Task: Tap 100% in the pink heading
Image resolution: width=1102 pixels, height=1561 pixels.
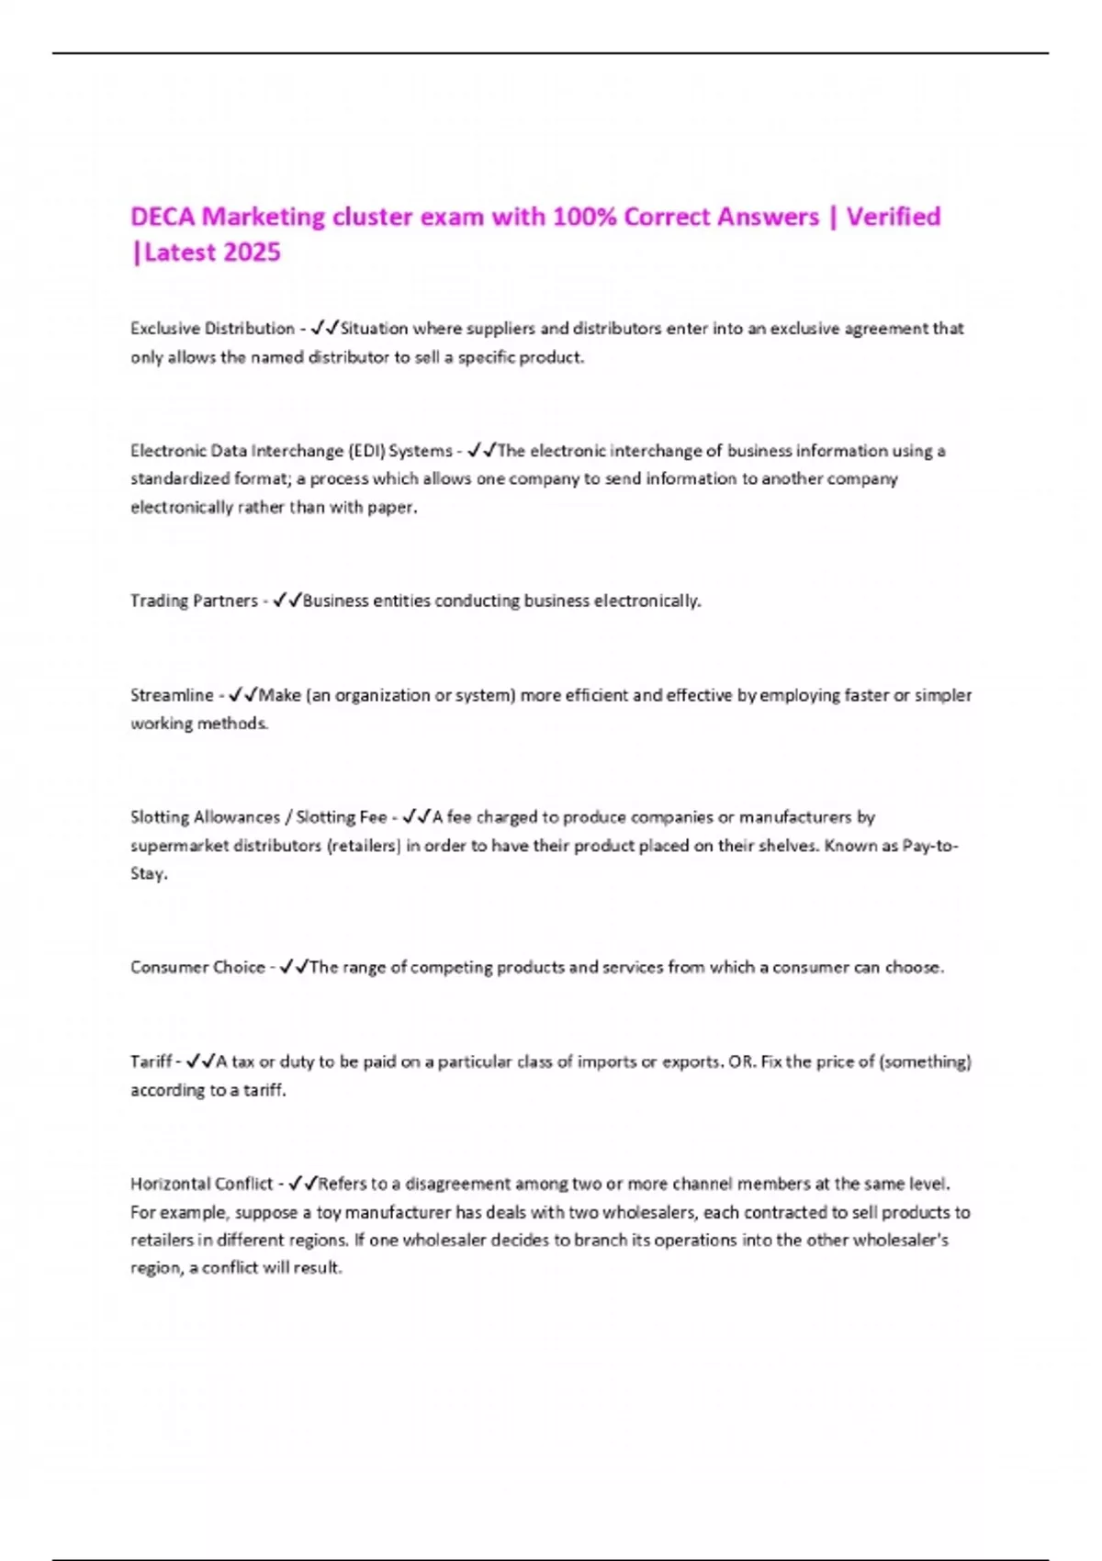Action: [583, 217]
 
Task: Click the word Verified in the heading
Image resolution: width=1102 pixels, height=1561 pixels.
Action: [893, 217]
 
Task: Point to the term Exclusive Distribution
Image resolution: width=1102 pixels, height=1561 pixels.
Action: [212, 329]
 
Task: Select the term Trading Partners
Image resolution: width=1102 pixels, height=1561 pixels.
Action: [194, 601]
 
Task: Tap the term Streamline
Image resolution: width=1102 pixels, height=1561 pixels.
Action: [172, 695]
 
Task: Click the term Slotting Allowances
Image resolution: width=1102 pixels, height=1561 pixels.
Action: [205, 817]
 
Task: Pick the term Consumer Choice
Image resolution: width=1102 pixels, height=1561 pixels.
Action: [197, 967]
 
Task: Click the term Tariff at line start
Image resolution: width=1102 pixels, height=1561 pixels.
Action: [151, 1061]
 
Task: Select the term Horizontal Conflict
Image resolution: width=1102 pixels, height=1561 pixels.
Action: [202, 1184]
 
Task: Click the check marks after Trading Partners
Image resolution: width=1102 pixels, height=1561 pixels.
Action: [287, 601]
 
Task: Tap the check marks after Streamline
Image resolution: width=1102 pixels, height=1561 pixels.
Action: [243, 695]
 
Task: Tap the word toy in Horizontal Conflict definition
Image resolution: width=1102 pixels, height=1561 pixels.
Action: [329, 1212]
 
